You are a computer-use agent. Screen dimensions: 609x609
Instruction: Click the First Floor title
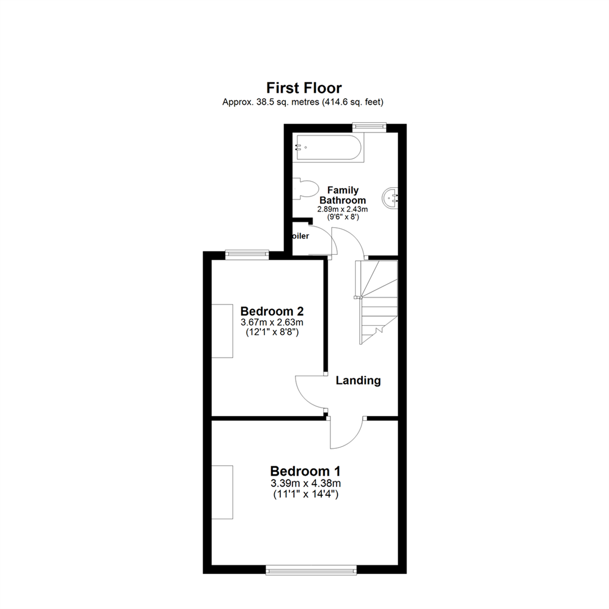pyautogui.click(x=304, y=88)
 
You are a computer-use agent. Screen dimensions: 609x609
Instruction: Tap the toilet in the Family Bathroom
pyautogui.click(x=304, y=188)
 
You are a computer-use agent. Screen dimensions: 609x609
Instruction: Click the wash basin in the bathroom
pyautogui.click(x=390, y=197)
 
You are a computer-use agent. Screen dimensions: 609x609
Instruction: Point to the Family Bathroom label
pyautogui.click(x=343, y=195)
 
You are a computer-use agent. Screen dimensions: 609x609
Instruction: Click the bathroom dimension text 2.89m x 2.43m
pyautogui.click(x=342, y=209)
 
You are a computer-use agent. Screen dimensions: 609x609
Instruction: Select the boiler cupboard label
pyautogui.click(x=300, y=236)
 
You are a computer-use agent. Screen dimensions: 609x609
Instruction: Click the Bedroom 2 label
pyautogui.click(x=272, y=311)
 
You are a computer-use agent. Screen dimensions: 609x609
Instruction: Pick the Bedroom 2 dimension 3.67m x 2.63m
pyautogui.click(x=272, y=323)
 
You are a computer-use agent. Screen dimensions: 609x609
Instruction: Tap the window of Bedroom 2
pyautogui.click(x=246, y=254)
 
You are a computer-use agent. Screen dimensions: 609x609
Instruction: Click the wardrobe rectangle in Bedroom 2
pyautogui.click(x=222, y=330)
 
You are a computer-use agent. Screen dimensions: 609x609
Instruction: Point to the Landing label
pyautogui.click(x=358, y=381)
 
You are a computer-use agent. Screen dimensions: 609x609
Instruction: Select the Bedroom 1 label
pyautogui.click(x=305, y=471)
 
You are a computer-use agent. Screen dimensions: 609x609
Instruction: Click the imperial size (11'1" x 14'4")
pyautogui.click(x=305, y=495)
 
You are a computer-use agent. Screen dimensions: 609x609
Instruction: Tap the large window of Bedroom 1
pyautogui.click(x=311, y=570)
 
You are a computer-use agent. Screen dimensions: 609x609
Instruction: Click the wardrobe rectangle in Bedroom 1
pyautogui.click(x=222, y=492)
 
